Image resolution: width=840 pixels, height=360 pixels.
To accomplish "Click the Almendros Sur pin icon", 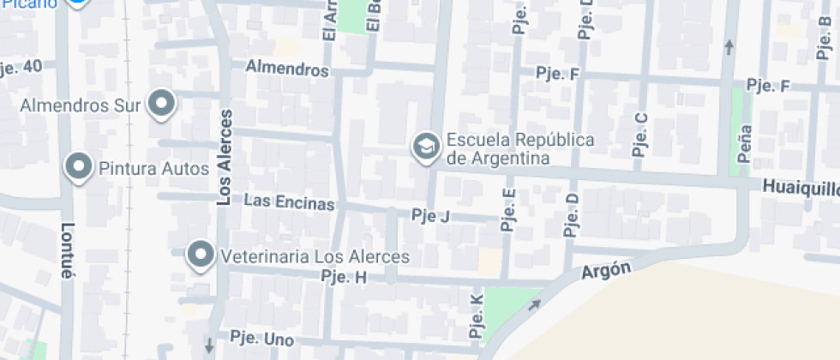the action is point(161,105).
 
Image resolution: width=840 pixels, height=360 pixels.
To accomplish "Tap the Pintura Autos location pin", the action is point(79,166).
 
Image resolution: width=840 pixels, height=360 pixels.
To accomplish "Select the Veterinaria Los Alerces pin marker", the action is point(201,255).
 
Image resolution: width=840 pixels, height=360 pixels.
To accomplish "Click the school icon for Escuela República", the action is point(424,147).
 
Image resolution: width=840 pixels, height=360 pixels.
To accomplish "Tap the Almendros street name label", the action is point(287,69).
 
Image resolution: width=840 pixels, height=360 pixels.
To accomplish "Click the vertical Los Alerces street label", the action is point(225,158).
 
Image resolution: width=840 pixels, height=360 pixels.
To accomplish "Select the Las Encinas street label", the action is point(289,201).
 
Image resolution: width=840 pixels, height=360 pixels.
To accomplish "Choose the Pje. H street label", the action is point(343,277).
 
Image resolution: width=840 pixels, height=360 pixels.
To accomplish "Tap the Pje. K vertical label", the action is point(477,315).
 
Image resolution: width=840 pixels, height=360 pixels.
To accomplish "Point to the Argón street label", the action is point(606,272).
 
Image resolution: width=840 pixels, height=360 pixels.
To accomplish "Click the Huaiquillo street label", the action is point(801,187).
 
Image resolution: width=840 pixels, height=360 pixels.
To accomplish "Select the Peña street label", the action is point(745,143).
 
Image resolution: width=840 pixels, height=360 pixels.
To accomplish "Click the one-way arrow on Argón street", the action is point(535,304).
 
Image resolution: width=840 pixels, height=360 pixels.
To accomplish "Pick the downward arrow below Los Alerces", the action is point(208,345).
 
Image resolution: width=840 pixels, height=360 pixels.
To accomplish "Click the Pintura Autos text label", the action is point(154,168).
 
